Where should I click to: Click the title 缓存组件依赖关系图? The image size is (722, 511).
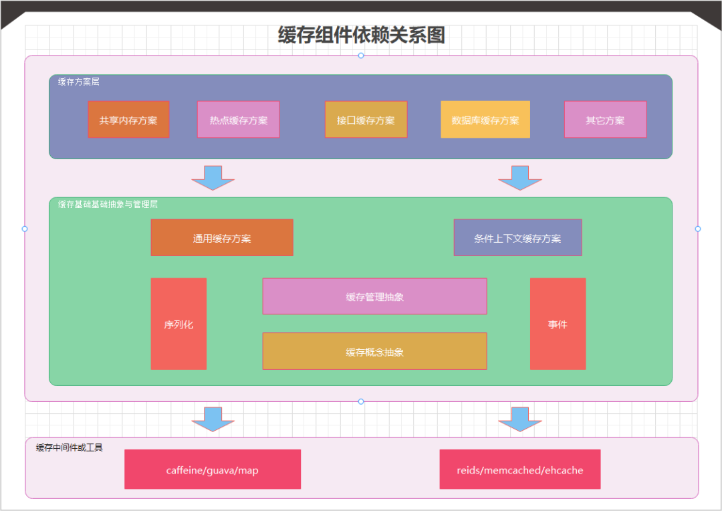point(361,35)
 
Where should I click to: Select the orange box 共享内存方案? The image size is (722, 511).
point(128,120)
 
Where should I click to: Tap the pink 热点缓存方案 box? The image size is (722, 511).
point(238,120)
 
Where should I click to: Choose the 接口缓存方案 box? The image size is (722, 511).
point(366,120)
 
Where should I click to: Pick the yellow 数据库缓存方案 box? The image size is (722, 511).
point(485,120)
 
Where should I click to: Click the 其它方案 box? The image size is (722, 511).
point(605,120)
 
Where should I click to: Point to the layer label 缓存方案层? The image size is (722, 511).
point(79,82)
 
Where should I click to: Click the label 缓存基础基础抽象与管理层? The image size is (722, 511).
point(108,205)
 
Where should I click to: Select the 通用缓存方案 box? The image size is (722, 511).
point(222,237)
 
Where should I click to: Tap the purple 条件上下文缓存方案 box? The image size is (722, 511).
point(517,237)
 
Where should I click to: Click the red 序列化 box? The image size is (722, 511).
point(178,324)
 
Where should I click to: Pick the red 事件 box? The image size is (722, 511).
point(558,324)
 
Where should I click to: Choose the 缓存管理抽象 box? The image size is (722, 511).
point(374,296)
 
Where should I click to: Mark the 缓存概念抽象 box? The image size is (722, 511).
point(374,351)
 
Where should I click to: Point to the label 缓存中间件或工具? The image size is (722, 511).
point(70,447)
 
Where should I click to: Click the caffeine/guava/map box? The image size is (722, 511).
point(213,470)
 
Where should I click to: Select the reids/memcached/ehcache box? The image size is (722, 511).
point(520,470)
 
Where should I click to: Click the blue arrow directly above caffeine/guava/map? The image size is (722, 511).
point(213,418)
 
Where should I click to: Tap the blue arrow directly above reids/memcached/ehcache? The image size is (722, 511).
point(520,418)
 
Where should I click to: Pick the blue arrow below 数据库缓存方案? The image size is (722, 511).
point(520,177)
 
